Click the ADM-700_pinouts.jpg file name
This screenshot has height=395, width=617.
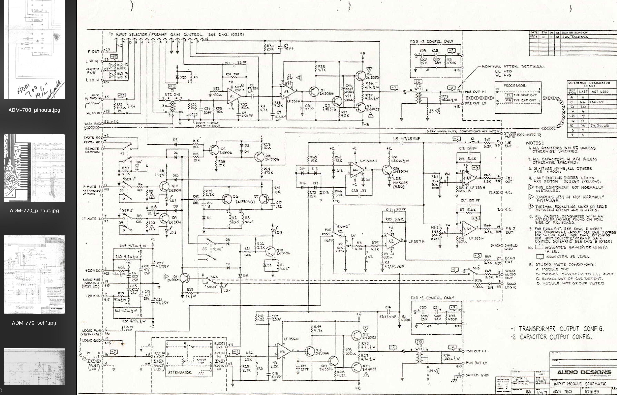(34, 110)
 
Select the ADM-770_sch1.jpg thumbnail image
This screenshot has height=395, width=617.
(34, 274)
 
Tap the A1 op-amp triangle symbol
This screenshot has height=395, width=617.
(233, 96)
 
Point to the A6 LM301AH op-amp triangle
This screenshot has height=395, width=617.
(356, 170)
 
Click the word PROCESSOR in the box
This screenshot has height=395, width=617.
(514, 86)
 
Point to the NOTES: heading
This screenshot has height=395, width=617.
(535, 143)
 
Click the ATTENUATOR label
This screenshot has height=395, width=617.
(180, 372)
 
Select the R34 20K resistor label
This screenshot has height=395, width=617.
(270, 48)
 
